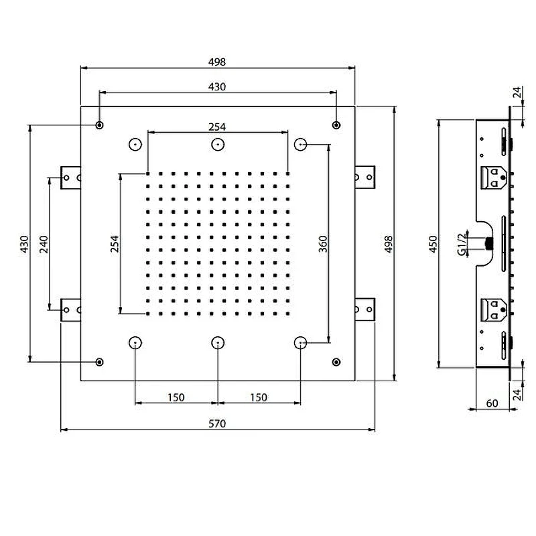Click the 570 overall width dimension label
point(217,424)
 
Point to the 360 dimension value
point(323,244)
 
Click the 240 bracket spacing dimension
point(44,244)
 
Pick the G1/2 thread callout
point(462,245)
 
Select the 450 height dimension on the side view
point(433,244)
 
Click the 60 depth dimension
point(492,403)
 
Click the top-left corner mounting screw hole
point(99,125)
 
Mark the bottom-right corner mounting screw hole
point(336,362)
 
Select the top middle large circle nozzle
point(218,145)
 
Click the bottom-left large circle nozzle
point(135,342)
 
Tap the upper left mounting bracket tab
point(71,178)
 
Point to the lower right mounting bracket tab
point(365,310)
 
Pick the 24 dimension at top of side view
point(518,92)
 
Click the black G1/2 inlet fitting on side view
point(490,243)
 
